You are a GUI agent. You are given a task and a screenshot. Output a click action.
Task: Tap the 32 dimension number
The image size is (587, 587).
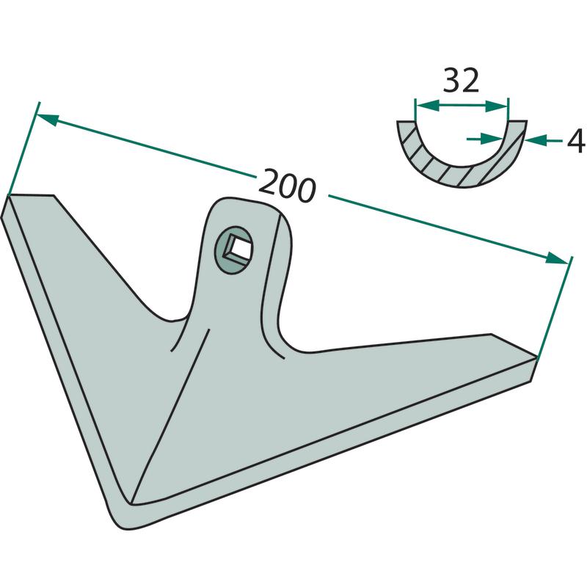[x=461, y=80]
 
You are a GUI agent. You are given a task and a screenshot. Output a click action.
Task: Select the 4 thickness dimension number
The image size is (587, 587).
[x=576, y=141]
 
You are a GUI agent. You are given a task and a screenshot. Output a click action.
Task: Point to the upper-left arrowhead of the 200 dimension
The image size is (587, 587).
[x=48, y=120]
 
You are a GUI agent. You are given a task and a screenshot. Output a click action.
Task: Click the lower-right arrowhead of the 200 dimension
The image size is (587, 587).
[x=557, y=259]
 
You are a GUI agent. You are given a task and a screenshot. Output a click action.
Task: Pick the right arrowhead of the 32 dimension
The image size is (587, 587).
[x=497, y=106]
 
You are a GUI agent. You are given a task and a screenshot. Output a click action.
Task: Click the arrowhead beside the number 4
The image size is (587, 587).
[x=536, y=141]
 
